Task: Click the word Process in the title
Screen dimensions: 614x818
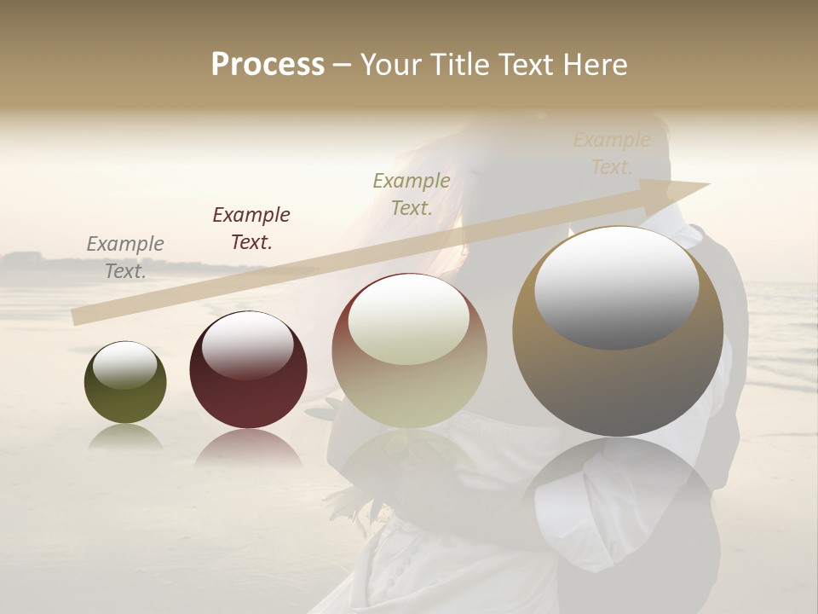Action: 268,65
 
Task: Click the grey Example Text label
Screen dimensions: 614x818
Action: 125,258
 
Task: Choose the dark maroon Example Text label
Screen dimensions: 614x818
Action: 251,229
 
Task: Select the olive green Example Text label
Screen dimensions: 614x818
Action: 412,194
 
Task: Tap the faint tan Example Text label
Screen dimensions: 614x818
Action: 612,153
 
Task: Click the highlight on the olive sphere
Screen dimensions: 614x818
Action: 125,365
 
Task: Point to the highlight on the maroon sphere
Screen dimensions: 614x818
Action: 247,344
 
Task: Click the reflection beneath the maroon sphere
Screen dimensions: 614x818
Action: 247,448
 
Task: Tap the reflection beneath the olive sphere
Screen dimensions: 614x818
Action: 125,437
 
